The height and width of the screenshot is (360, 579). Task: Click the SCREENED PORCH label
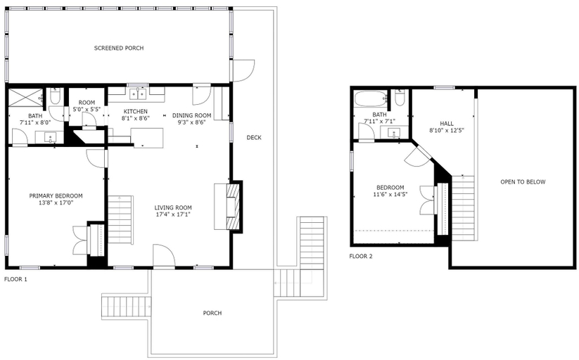pos(118,48)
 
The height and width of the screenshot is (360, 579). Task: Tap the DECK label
pos(254,138)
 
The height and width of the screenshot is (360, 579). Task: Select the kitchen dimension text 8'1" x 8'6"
pos(136,119)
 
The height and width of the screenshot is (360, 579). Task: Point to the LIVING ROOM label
pos(173,207)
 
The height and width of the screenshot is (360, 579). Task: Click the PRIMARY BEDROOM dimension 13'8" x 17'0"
pos(56,202)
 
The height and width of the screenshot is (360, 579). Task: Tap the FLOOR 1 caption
pos(15,280)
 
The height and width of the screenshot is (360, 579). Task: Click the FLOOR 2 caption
pos(361,256)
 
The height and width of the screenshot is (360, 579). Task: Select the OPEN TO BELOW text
pos(523,181)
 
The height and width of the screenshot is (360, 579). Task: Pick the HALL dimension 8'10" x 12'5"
pos(447,130)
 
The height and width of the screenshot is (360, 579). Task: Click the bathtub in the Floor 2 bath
pos(370,99)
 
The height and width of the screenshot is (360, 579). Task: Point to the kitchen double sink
pos(138,94)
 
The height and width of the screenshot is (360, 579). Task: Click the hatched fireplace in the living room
pos(234,207)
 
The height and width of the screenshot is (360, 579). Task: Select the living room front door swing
pos(164,255)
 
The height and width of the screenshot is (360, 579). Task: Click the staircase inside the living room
pos(120,219)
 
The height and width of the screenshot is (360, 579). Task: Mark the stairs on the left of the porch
pos(127,305)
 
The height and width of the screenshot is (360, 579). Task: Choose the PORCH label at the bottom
pos(212,313)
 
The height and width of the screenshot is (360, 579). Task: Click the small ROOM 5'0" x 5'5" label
pos(87,106)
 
